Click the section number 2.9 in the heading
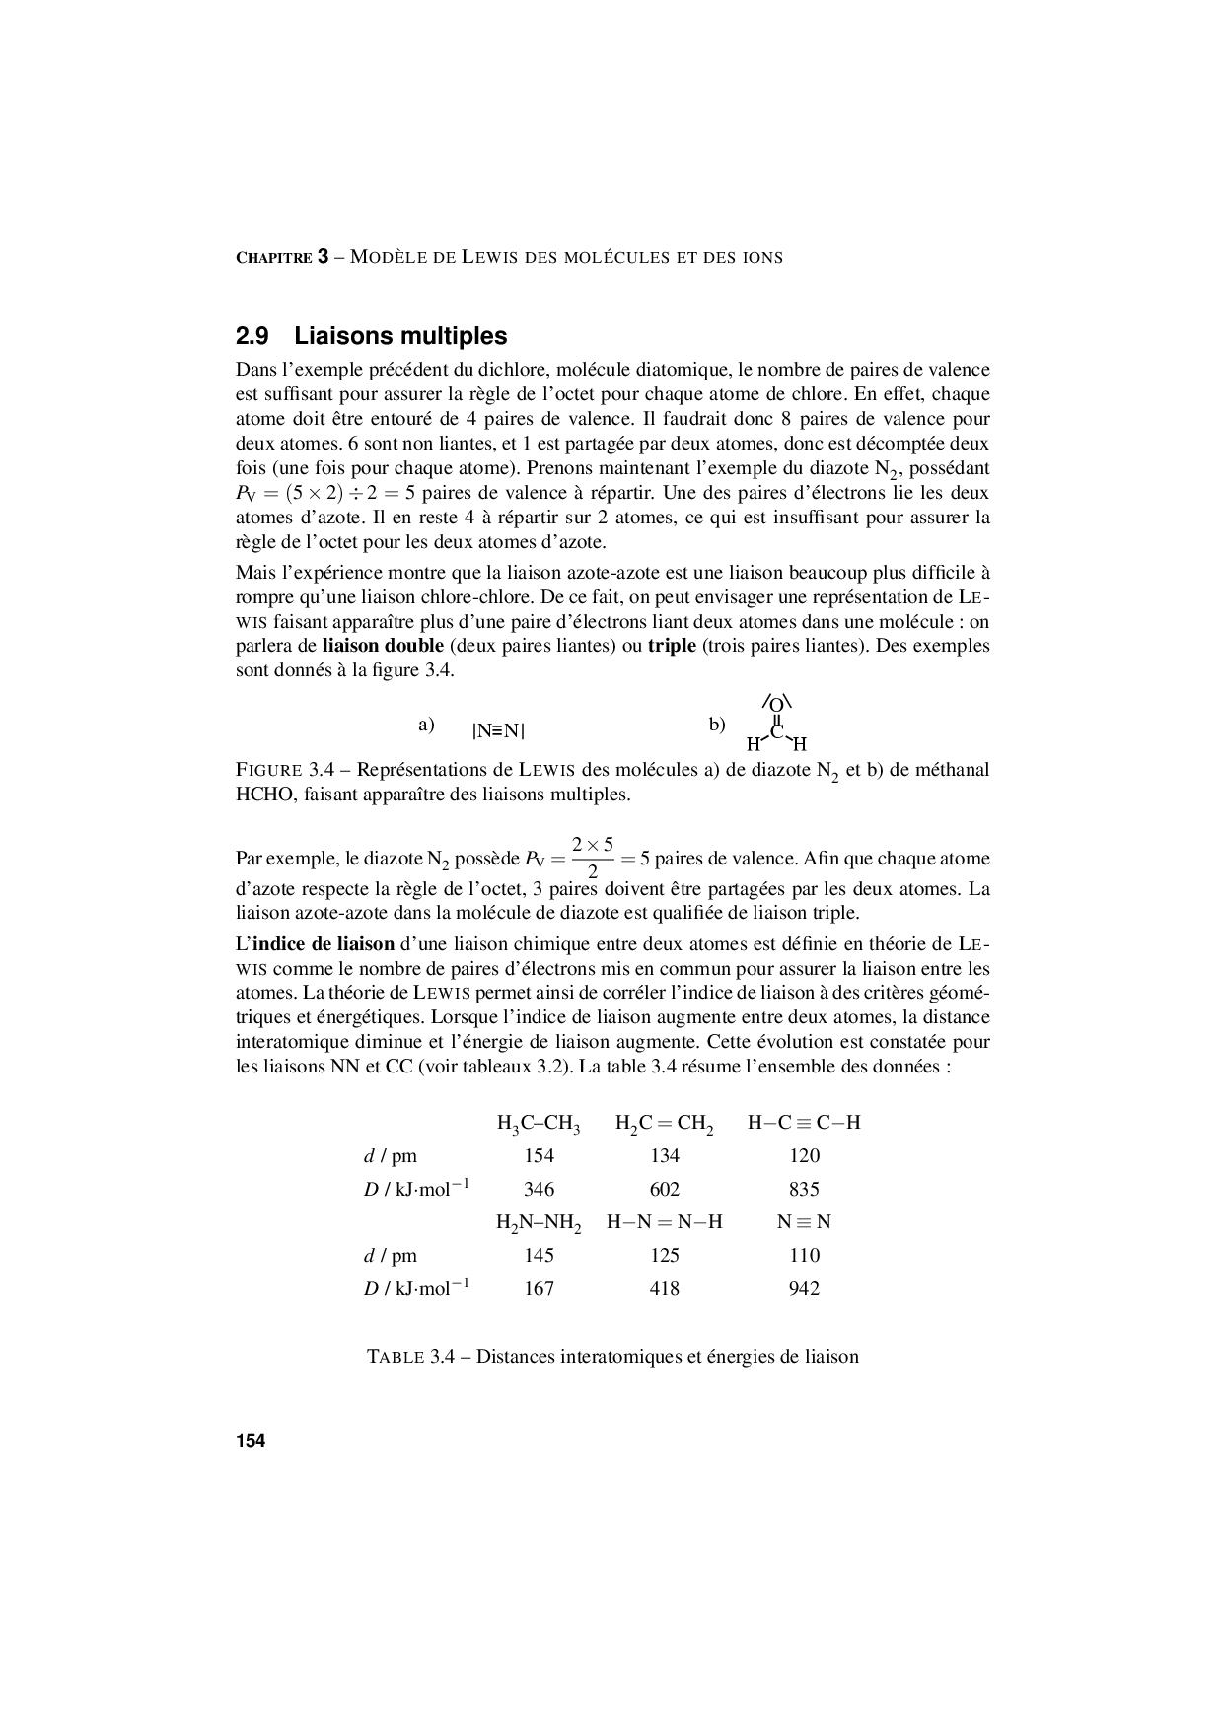point(252,336)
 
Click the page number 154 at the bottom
point(251,1441)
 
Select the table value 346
point(539,1189)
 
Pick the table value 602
point(665,1189)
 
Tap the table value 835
point(804,1189)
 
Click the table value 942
point(804,1288)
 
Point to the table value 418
point(665,1288)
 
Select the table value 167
point(539,1288)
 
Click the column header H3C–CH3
point(539,1123)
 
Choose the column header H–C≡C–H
point(804,1123)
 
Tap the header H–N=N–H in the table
point(665,1222)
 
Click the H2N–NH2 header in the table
point(539,1223)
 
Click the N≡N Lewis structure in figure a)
point(498,731)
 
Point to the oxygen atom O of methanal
point(776,705)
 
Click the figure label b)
point(717,726)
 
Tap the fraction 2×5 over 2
point(593,858)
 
